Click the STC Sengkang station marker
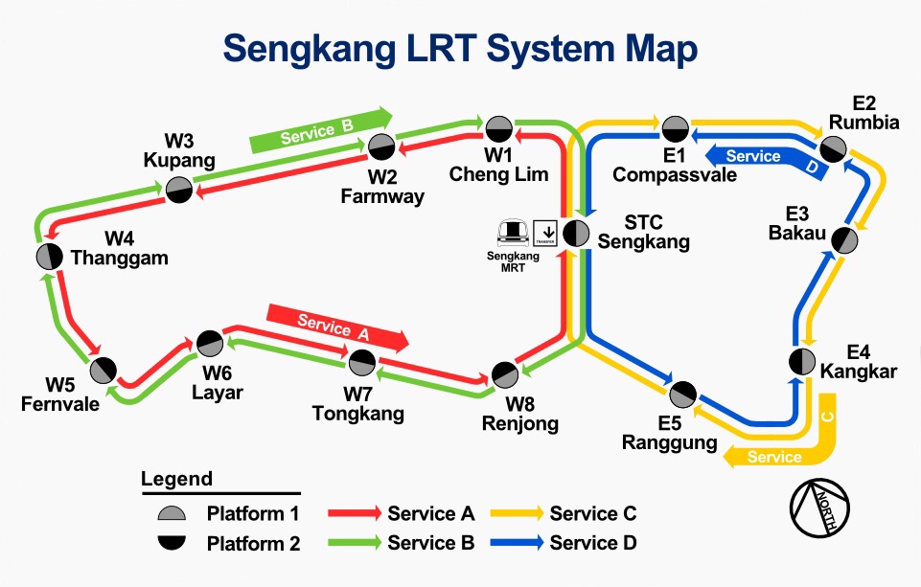[x=576, y=232]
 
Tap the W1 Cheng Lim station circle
[x=498, y=128]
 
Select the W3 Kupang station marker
[x=178, y=190]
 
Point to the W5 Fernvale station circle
[x=104, y=369]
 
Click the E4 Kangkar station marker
[x=801, y=362]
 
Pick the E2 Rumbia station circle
[x=833, y=147]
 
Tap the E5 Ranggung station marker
[x=682, y=393]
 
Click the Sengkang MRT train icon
[x=513, y=231]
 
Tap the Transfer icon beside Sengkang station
[x=545, y=232]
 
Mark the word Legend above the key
[x=176, y=479]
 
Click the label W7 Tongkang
[x=357, y=404]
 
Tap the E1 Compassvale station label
[x=675, y=166]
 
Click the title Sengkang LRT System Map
[x=460, y=48]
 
